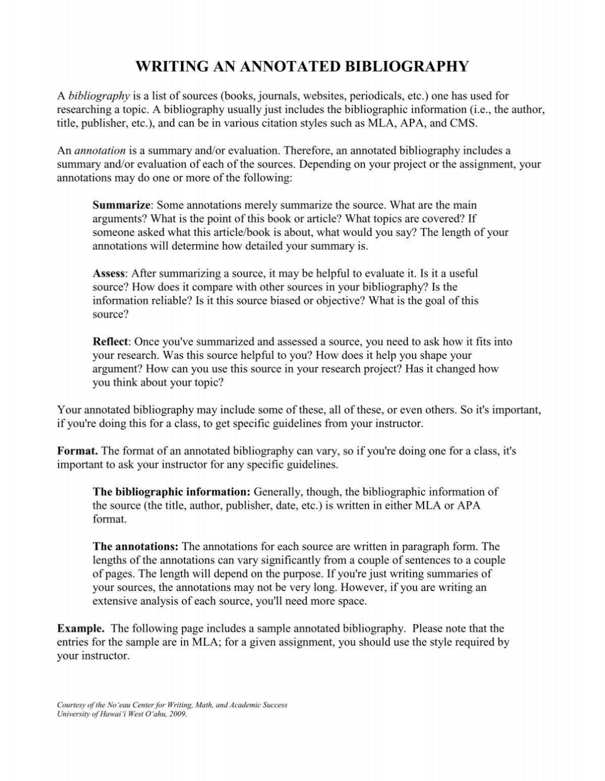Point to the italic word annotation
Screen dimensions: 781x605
[x=100, y=151]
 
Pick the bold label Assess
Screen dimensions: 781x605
[x=109, y=274]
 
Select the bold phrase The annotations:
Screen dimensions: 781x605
[x=135, y=547]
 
